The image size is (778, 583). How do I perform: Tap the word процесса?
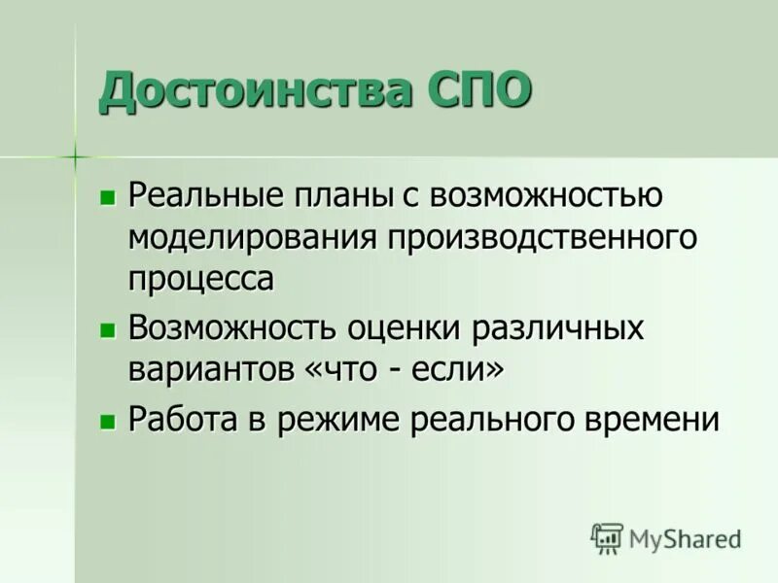click(x=200, y=278)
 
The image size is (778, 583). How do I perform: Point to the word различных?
click(x=558, y=328)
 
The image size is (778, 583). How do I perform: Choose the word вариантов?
click(x=210, y=369)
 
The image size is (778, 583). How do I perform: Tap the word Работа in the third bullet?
click(x=186, y=420)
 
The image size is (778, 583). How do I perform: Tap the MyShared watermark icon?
click(x=606, y=537)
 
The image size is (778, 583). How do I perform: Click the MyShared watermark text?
click(x=685, y=538)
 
